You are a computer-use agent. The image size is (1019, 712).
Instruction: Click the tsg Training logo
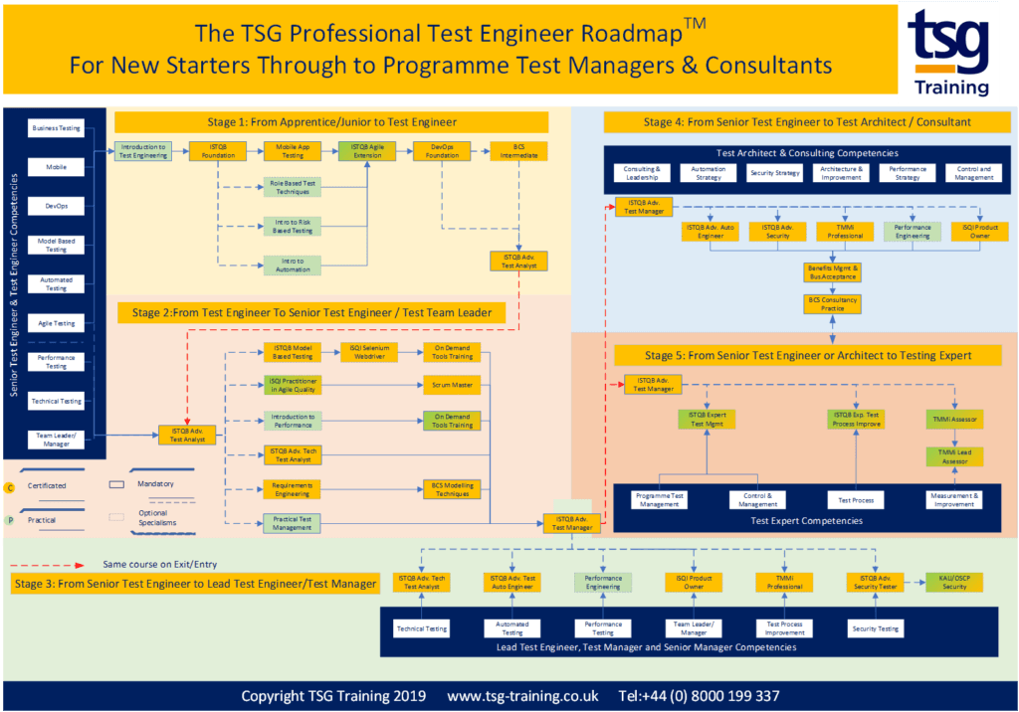pyautogui.click(x=949, y=51)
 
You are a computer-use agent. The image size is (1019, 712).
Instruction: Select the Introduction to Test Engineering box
pyautogui.click(x=141, y=151)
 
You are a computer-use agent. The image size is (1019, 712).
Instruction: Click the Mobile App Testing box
pyautogui.click(x=293, y=151)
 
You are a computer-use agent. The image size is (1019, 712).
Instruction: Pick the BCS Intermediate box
pyautogui.click(x=518, y=151)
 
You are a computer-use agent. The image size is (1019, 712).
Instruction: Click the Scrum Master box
pyautogui.click(x=452, y=384)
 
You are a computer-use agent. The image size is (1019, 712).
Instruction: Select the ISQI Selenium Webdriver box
pyautogui.click(x=368, y=352)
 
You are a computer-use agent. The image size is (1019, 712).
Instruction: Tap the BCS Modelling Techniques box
pyautogui.click(x=452, y=489)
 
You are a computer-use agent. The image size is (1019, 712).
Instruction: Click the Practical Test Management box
pyautogui.click(x=293, y=523)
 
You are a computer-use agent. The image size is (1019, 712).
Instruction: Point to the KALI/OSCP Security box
pyautogui.click(x=953, y=583)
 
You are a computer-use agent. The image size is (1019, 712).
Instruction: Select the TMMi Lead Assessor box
pyautogui.click(x=954, y=456)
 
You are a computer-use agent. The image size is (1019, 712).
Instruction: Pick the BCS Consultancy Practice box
pyautogui.click(x=832, y=303)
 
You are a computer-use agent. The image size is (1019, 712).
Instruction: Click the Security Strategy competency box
pyautogui.click(x=774, y=173)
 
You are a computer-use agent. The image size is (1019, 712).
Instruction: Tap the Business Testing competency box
pyautogui.click(x=57, y=128)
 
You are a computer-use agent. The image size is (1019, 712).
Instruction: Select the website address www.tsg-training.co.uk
pyautogui.click(x=522, y=696)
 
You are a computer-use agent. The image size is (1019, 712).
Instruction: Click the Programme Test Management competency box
pyautogui.click(x=660, y=500)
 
